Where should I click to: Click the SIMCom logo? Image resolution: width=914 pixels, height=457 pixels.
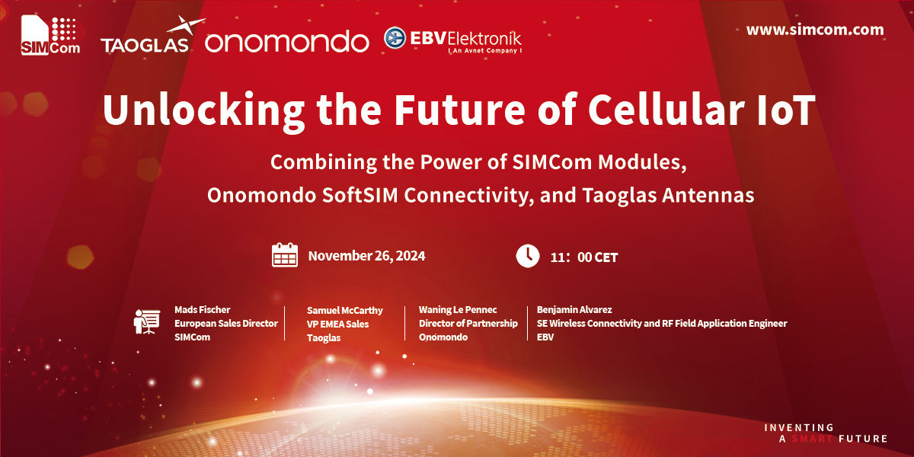(x=49, y=35)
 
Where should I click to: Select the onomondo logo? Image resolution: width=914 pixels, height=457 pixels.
(x=287, y=41)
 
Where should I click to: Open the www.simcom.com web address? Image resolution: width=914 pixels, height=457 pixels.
(x=815, y=30)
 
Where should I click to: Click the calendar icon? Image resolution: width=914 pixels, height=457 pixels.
(x=285, y=255)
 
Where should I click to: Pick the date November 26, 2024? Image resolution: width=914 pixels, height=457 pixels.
(x=366, y=256)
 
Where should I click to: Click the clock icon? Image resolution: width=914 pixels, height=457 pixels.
(x=528, y=256)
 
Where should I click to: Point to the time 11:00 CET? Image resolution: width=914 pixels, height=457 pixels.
(x=583, y=257)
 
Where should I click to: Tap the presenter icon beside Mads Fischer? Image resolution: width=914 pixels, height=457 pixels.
(x=145, y=321)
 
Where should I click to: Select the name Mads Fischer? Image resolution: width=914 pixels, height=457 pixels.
(x=202, y=310)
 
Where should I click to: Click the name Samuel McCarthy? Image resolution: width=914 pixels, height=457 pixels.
(x=345, y=311)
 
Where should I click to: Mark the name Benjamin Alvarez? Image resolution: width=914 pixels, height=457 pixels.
(x=574, y=310)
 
